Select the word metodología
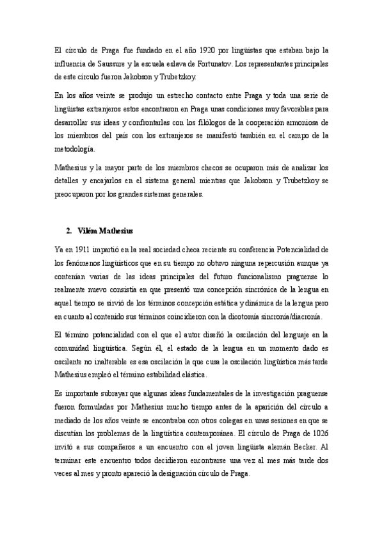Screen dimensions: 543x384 coord(74,150)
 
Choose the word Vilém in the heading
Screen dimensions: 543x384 coord(86,230)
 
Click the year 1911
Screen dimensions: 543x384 coord(81,248)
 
